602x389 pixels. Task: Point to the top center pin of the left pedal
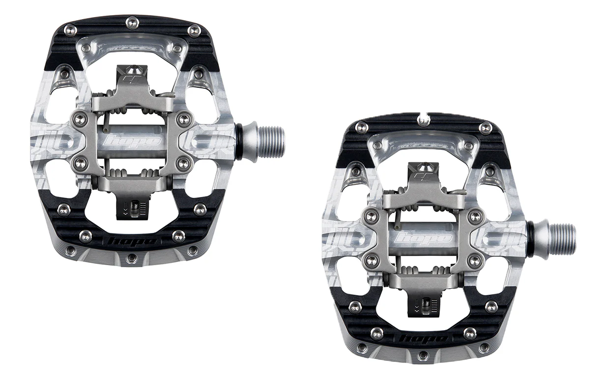[132, 21]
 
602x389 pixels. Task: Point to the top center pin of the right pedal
[423, 118]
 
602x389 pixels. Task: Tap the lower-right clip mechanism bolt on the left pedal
[184, 163]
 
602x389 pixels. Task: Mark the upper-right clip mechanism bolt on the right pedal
[475, 215]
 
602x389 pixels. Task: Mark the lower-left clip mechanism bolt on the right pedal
[372, 261]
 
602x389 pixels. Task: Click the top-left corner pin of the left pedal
[70, 30]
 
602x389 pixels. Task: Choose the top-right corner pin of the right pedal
[485, 128]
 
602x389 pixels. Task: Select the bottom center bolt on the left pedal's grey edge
[131, 257]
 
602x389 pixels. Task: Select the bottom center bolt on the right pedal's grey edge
[423, 355]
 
